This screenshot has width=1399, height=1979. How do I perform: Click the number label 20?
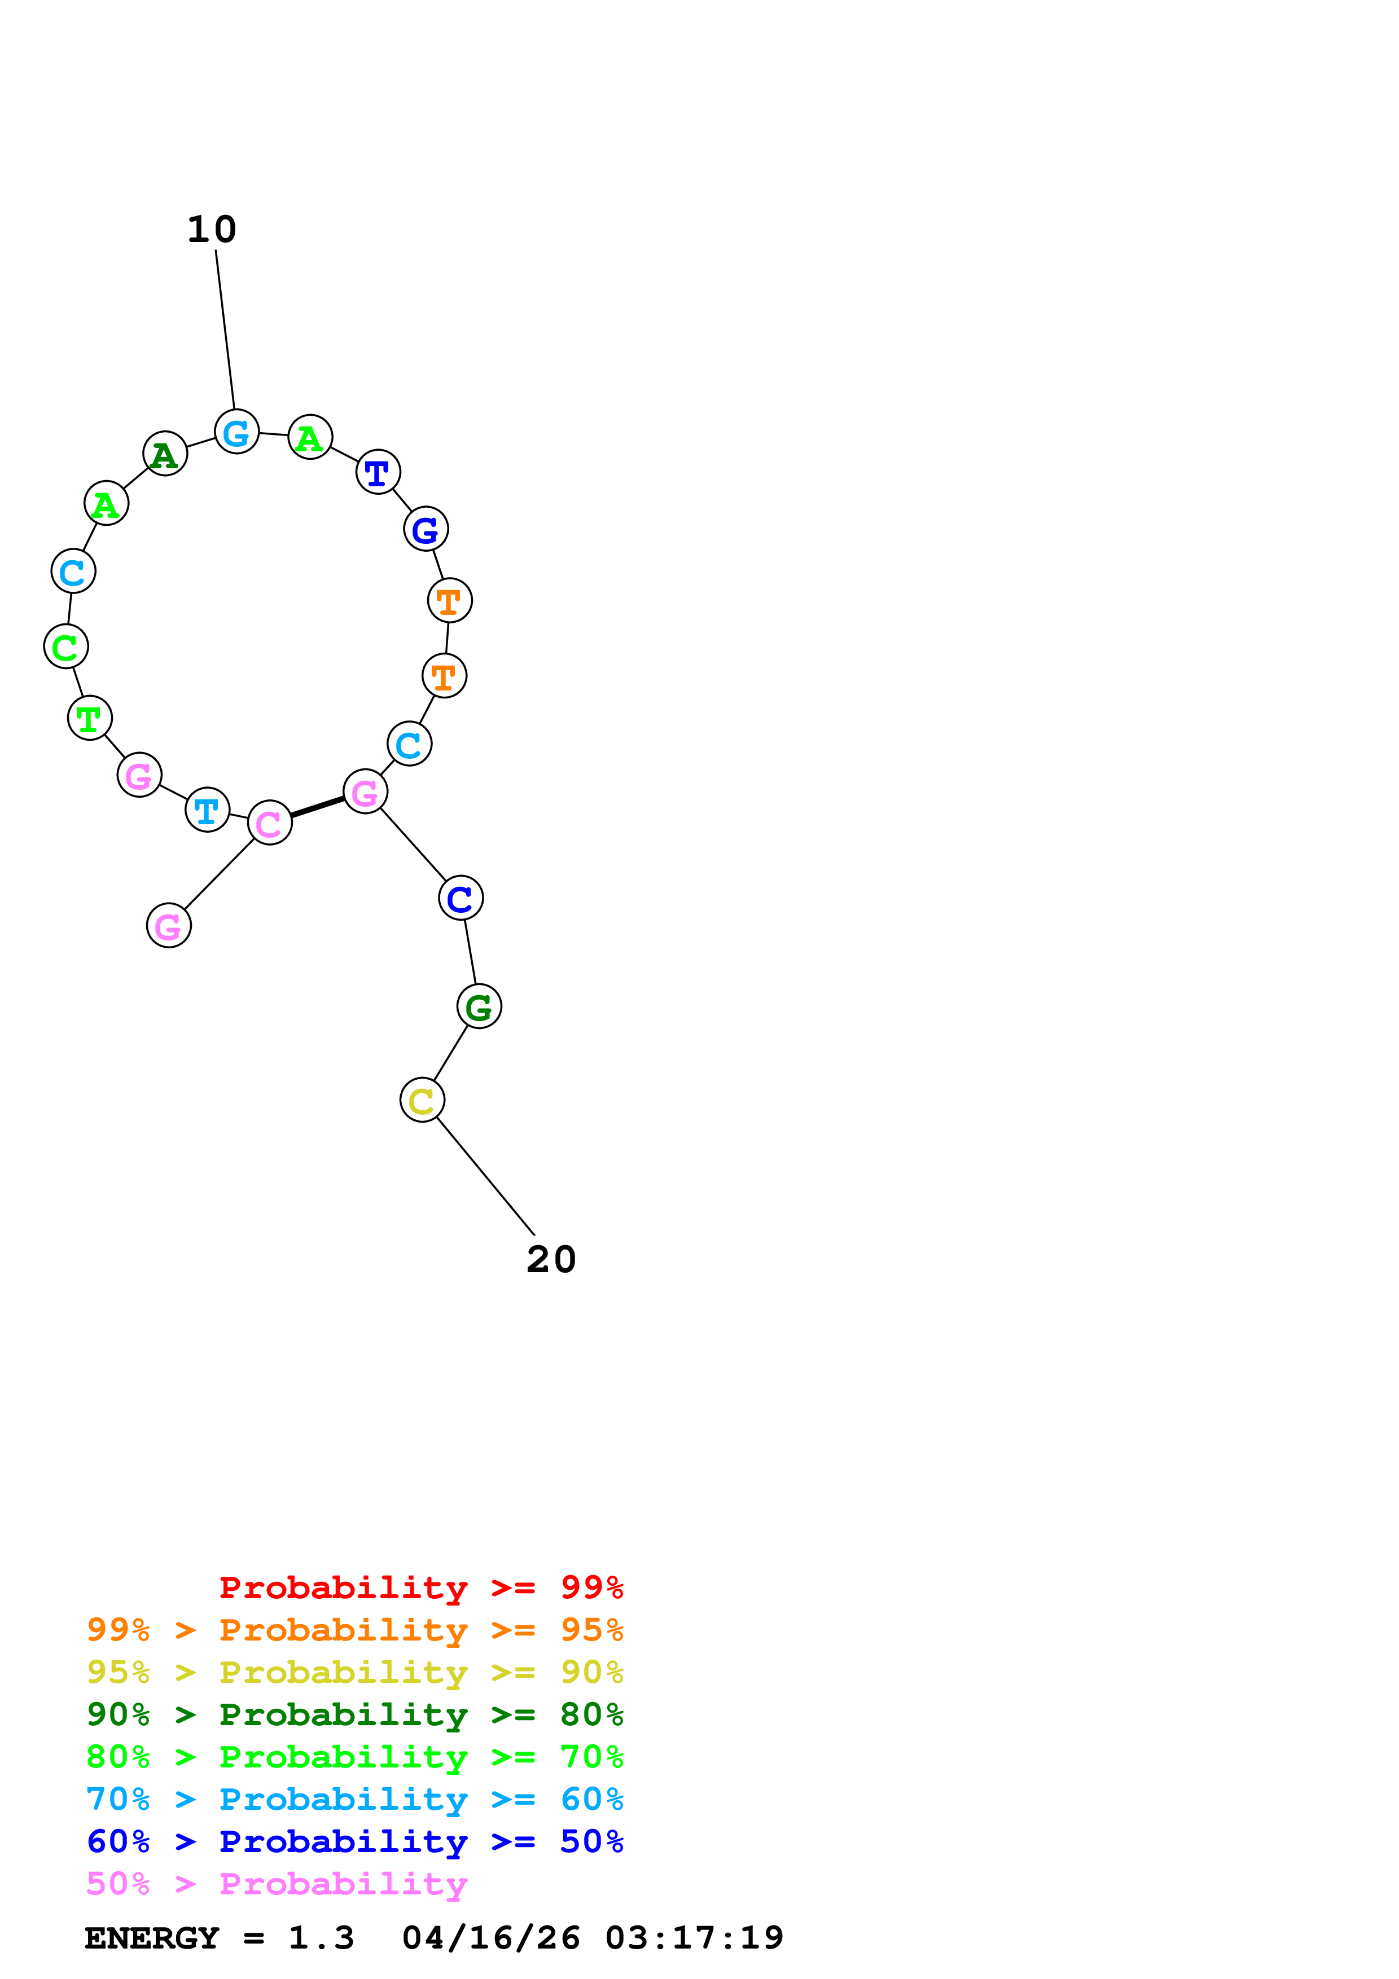551,1260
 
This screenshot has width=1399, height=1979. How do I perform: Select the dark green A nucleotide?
165,454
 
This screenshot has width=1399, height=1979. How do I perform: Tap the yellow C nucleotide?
422,1101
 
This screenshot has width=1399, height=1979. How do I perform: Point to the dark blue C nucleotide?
461,899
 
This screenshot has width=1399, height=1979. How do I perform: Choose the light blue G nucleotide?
236,433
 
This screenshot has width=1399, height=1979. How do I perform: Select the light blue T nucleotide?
207,810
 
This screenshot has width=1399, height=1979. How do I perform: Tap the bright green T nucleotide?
90,718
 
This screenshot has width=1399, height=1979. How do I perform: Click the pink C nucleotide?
270,823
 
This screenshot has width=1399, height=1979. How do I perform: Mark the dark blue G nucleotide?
426,529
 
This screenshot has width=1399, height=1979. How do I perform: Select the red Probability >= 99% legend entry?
420,1587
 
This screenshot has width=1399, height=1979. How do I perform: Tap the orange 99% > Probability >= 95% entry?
354,1630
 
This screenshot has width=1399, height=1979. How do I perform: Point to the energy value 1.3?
321,1938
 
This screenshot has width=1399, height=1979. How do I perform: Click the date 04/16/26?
490,1938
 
